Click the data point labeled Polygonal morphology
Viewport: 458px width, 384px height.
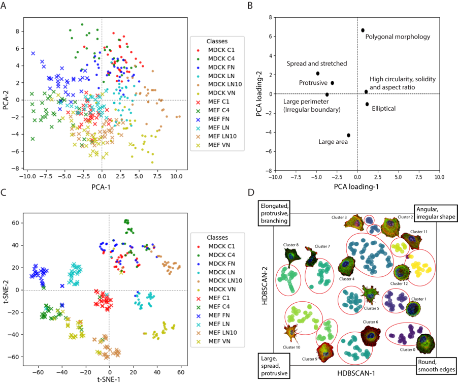click(x=363, y=30)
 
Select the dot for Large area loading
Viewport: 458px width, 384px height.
click(x=348, y=135)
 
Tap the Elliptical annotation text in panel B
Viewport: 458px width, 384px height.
click(x=384, y=108)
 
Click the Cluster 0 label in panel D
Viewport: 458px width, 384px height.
click(x=407, y=349)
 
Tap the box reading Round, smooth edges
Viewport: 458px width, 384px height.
click(x=435, y=366)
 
